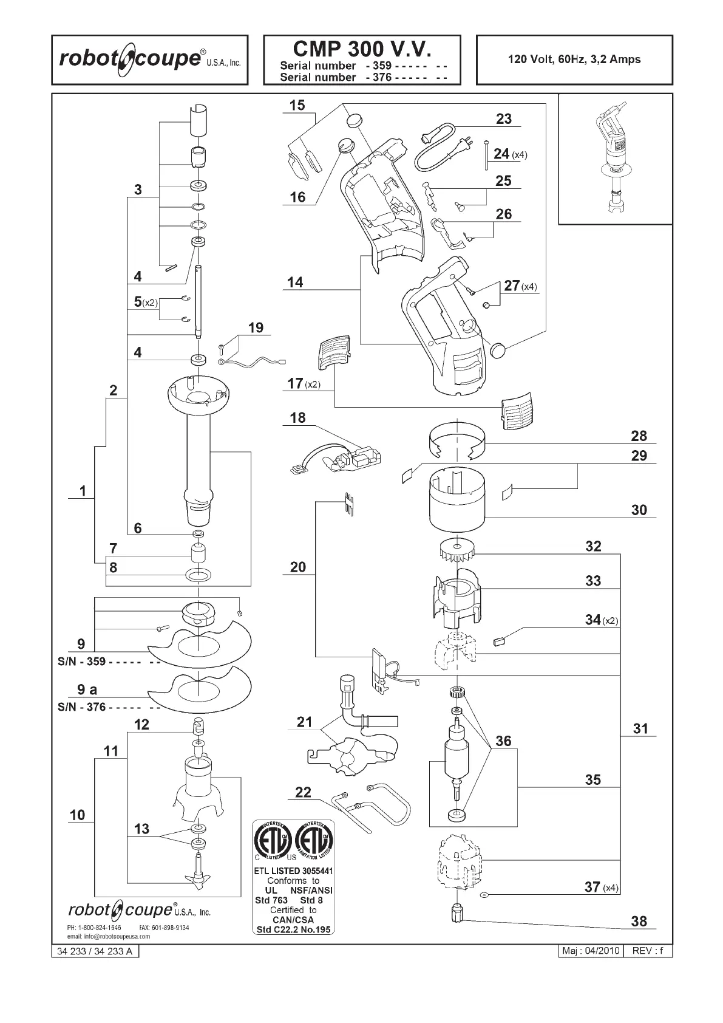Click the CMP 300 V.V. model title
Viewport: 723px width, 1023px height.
pyautogui.click(x=362, y=48)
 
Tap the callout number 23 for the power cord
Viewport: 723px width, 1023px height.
pyautogui.click(x=504, y=119)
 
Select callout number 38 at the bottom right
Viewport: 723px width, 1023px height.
pyautogui.click(x=639, y=921)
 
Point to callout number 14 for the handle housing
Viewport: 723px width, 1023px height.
pyautogui.click(x=295, y=282)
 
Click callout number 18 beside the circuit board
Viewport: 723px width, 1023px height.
pyautogui.click(x=298, y=418)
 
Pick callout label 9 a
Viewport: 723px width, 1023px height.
pyautogui.click(x=87, y=689)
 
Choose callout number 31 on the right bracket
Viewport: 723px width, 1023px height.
pyautogui.click(x=640, y=728)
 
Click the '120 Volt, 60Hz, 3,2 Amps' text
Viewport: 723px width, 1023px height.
pyautogui.click(x=574, y=60)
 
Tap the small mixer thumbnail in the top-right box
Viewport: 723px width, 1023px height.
pyautogui.click(x=614, y=159)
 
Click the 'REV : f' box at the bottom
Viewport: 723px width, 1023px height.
pyautogui.click(x=649, y=951)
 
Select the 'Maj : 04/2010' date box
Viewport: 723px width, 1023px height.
pyautogui.click(x=590, y=951)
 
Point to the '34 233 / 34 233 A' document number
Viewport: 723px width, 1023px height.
pyautogui.click(x=95, y=951)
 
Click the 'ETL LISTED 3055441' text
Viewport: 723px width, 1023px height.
pyautogui.click(x=293, y=871)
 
